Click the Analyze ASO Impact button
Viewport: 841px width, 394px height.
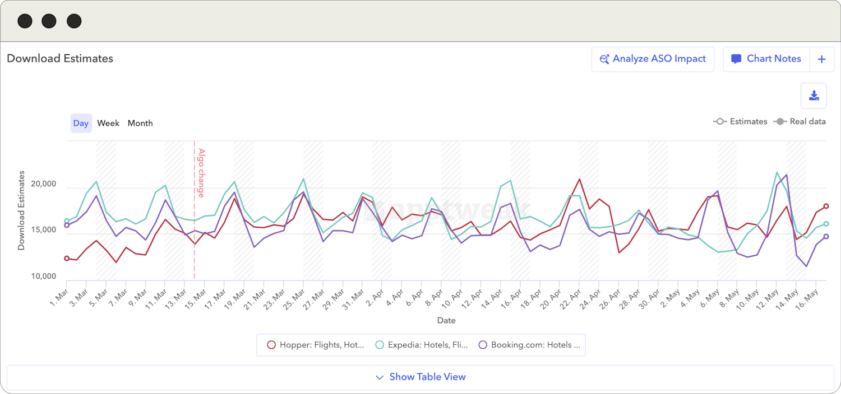(653, 59)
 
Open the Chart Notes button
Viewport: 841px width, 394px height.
(766, 59)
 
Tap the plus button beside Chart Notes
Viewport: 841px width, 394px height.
(821, 59)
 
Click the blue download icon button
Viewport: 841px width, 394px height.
(814, 96)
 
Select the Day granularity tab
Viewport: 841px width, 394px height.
(81, 123)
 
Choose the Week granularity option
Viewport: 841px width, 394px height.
(108, 123)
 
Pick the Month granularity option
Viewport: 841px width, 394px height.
(140, 123)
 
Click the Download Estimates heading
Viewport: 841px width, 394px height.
(60, 58)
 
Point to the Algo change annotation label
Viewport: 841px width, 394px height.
(201, 172)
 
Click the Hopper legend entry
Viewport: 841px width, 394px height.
(316, 345)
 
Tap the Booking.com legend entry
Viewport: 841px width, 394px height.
(529, 345)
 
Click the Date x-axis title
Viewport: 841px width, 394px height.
(446, 321)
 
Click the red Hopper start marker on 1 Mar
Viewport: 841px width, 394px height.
(67, 259)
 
